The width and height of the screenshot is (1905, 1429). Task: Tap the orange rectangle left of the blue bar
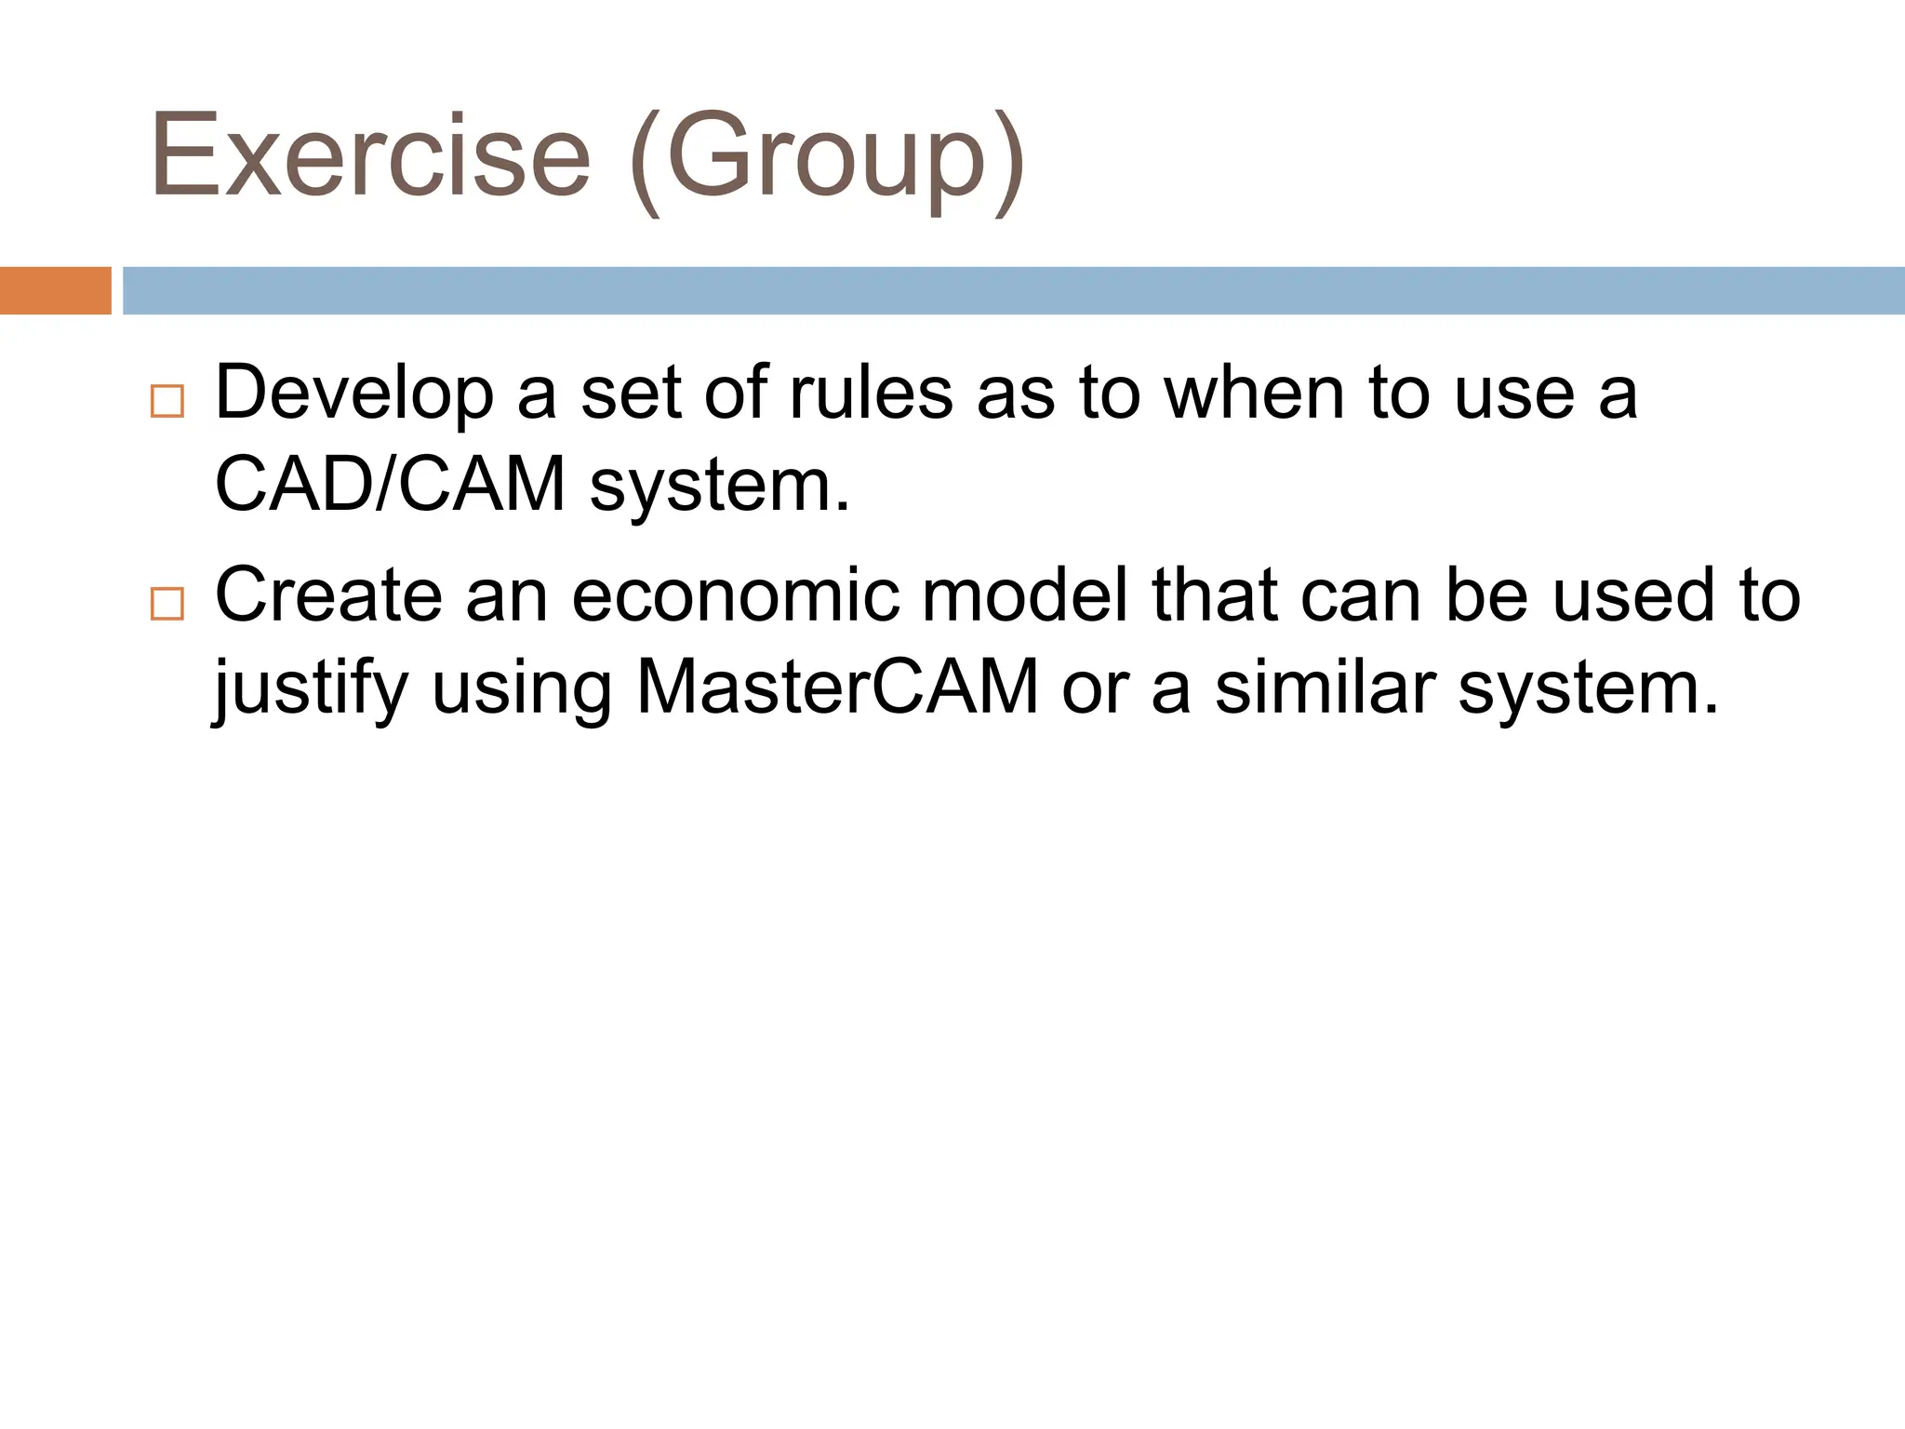(55, 290)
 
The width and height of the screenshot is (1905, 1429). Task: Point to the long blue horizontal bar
(1012, 290)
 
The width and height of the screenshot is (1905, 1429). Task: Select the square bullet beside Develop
(167, 401)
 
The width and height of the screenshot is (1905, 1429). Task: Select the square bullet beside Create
(167, 604)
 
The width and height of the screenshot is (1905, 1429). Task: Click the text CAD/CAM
(390, 485)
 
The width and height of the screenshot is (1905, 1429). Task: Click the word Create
(328, 595)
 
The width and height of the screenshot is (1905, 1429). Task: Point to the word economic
(735, 595)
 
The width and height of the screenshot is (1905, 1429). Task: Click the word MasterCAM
(836, 688)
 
